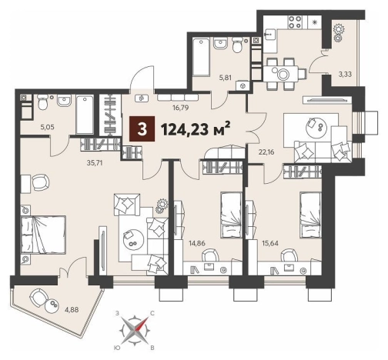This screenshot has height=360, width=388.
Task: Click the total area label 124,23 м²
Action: click(x=196, y=129)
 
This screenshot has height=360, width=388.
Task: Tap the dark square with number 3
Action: click(x=142, y=129)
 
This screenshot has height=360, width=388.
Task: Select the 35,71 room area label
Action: click(x=95, y=163)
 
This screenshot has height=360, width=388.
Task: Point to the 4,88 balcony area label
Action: click(x=71, y=310)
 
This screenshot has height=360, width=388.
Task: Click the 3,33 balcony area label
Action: click(x=345, y=75)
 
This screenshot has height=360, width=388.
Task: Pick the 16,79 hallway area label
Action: click(x=180, y=108)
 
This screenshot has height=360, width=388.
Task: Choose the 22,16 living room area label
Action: click(x=266, y=152)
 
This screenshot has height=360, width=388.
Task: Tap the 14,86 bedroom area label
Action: click(x=197, y=243)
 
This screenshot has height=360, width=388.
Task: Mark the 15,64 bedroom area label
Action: click(x=270, y=243)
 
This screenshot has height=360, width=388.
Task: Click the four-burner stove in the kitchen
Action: click(x=295, y=22)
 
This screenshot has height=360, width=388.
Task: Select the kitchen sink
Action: click(x=269, y=34)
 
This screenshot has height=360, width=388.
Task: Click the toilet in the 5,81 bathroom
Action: click(x=237, y=44)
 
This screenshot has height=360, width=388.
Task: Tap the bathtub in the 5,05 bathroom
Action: click(x=85, y=115)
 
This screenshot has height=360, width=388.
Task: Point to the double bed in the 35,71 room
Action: click(x=43, y=235)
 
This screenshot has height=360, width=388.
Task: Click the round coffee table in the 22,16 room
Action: click(x=316, y=126)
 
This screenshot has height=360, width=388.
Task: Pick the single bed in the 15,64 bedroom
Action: click(x=310, y=215)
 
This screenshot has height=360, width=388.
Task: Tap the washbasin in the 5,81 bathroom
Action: click(x=220, y=43)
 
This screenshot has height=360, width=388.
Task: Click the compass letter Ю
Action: click(x=116, y=348)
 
